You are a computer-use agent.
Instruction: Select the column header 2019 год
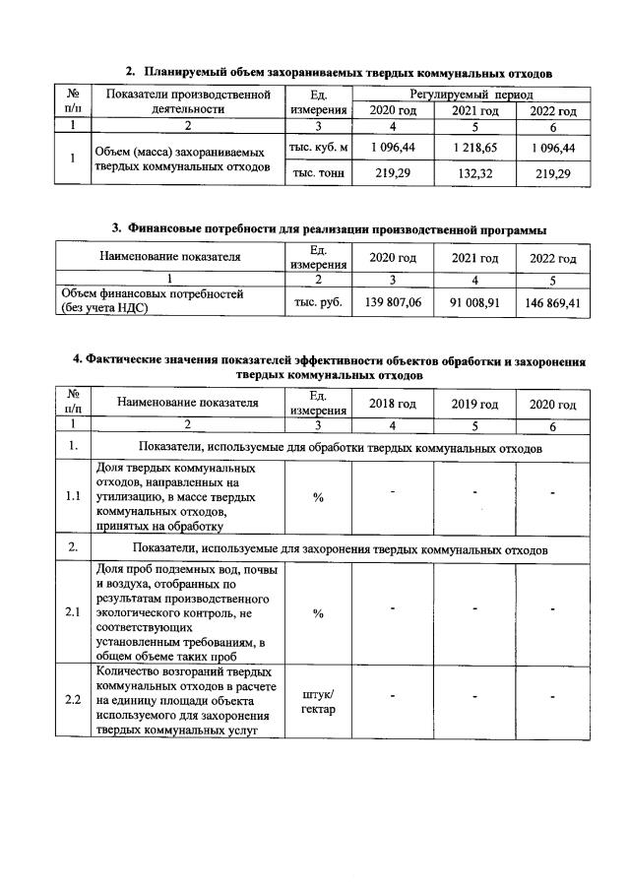click(x=474, y=404)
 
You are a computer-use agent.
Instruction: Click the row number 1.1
click(x=73, y=497)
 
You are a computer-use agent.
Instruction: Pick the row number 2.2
click(x=73, y=700)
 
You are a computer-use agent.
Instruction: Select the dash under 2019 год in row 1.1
click(x=474, y=491)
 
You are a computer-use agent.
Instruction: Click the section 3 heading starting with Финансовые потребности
click(x=329, y=229)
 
